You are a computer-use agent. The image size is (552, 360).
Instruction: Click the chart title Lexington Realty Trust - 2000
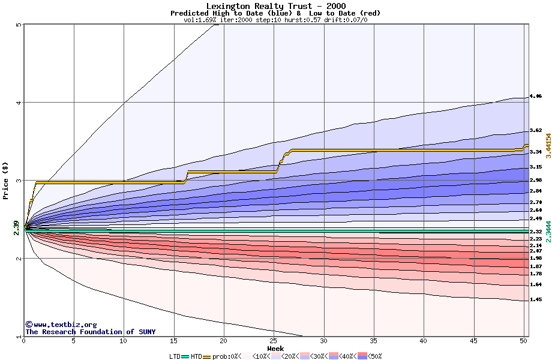[x=275, y=6]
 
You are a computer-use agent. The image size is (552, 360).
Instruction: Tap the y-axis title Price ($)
[x=6, y=181]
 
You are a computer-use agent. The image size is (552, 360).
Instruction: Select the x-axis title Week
[x=275, y=348]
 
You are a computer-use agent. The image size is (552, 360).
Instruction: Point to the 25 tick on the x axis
[x=274, y=341]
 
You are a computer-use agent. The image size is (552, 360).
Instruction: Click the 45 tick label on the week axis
[x=474, y=341]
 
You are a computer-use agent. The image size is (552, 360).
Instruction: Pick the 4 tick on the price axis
[x=19, y=103]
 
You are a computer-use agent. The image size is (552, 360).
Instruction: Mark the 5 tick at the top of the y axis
[x=19, y=25]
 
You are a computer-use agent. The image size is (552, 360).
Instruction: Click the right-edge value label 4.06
[x=536, y=96]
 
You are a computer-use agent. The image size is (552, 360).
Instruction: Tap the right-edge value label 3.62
[x=536, y=130]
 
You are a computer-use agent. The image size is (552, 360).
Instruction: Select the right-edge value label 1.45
[x=536, y=299]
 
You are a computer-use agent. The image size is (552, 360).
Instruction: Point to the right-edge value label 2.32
[x=536, y=232]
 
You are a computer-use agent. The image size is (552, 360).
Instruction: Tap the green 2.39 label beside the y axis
[x=16, y=227]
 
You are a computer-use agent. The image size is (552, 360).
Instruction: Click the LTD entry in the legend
[x=176, y=356]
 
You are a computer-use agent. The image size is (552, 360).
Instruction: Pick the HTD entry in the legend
[x=197, y=356]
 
